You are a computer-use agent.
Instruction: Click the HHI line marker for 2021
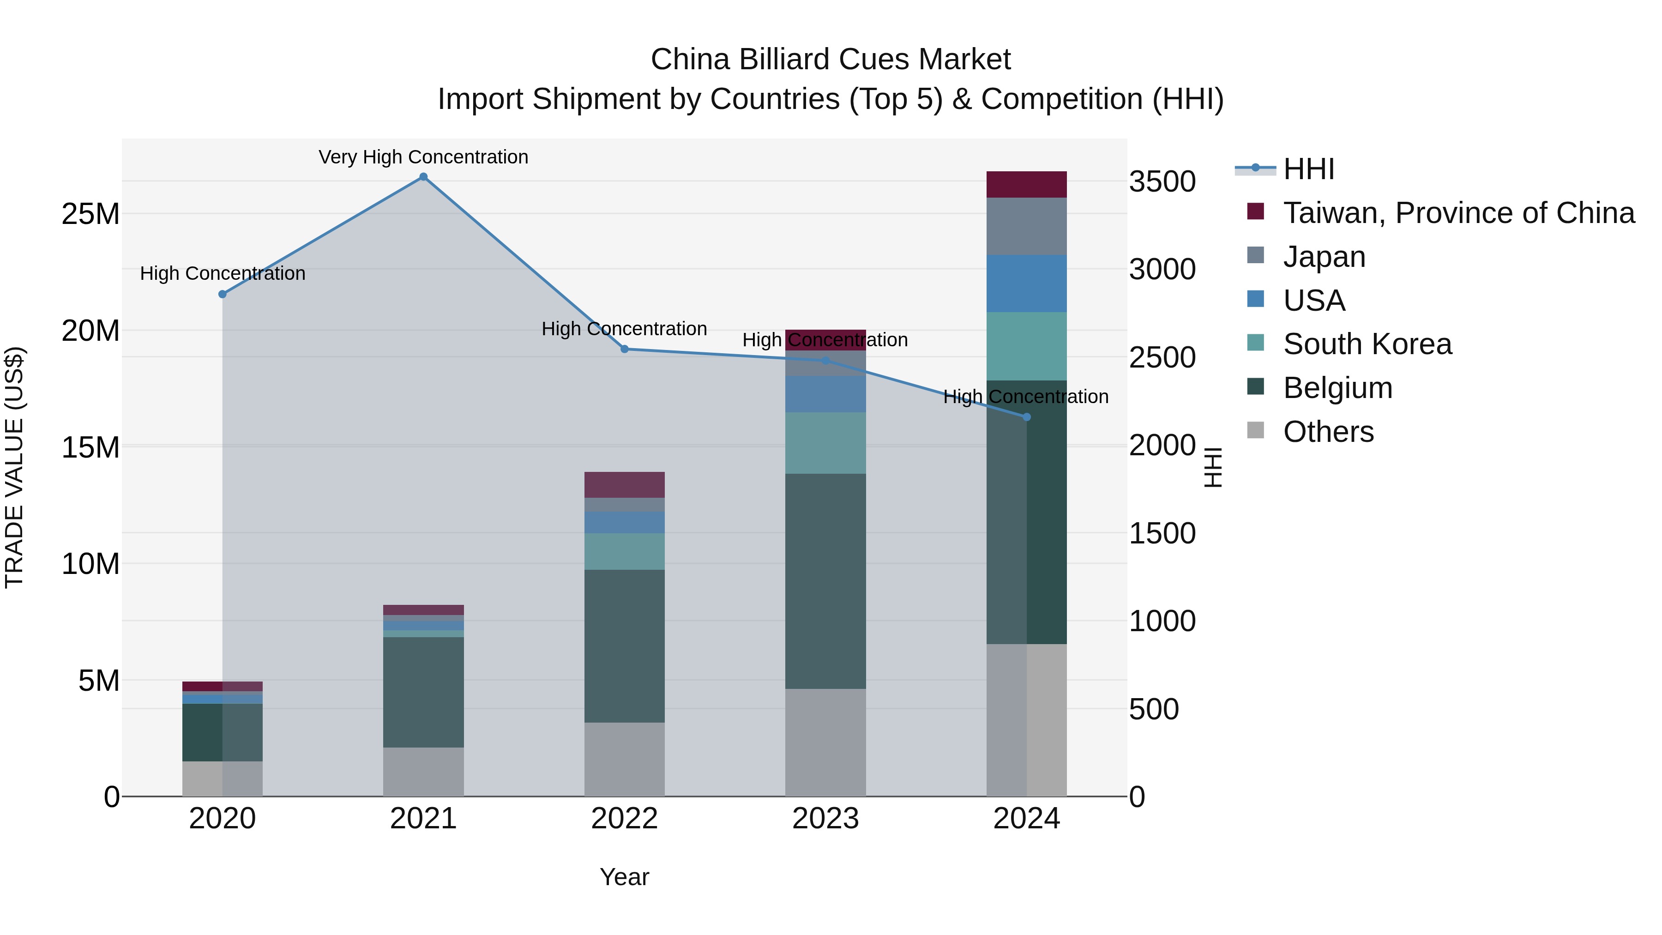pyautogui.click(x=423, y=177)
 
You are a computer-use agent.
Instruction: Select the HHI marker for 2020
pyautogui.click(x=223, y=294)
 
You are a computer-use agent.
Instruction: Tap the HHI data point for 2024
pyautogui.click(x=1026, y=417)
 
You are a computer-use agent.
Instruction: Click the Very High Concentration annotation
pyautogui.click(x=423, y=157)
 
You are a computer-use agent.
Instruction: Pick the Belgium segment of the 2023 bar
pyautogui.click(x=825, y=581)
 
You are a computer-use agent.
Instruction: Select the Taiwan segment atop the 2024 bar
pyautogui.click(x=1026, y=185)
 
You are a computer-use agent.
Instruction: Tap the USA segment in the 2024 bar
pyautogui.click(x=1026, y=284)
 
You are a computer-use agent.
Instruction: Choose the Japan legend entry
pyautogui.click(x=1324, y=257)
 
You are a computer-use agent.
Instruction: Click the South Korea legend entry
pyautogui.click(x=1367, y=344)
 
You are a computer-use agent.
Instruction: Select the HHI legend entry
pyautogui.click(x=1308, y=169)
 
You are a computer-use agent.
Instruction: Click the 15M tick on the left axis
pyautogui.click(x=90, y=447)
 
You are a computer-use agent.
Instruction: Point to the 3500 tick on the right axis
pyautogui.click(x=1162, y=181)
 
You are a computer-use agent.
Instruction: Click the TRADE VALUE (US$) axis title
pyautogui.click(x=15, y=467)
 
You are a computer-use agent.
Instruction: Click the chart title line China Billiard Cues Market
pyautogui.click(x=831, y=60)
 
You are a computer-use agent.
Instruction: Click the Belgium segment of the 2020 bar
pyautogui.click(x=203, y=732)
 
